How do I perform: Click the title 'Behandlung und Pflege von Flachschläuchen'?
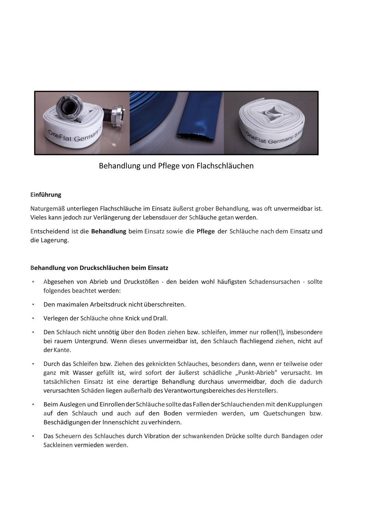tap(176, 166)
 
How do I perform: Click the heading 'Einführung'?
tap(46, 195)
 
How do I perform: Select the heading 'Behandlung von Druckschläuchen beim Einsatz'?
tap(99, 268)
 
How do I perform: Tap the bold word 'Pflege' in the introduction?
tap(205, 231)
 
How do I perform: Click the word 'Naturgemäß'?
tap(47, 208)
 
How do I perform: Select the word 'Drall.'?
tap(161, 318)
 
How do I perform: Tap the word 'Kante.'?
tap(62, 350)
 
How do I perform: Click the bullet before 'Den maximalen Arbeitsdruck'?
tap(33, 305)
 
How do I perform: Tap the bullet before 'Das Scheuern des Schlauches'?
tap(33, 436)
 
